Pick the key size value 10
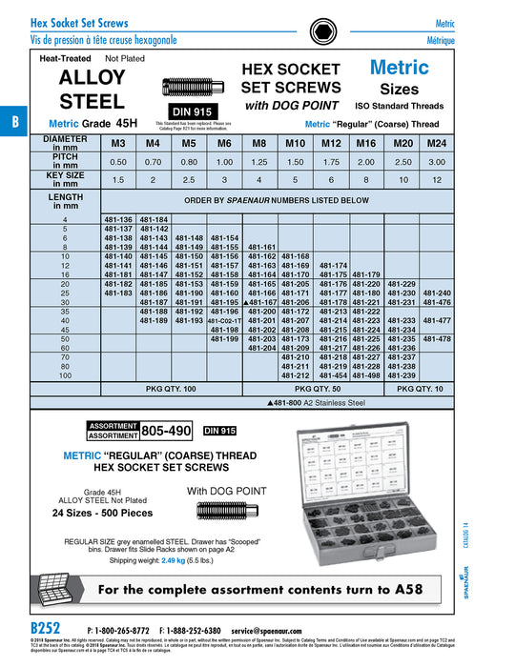coord(402,179)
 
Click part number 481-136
coord(117,220)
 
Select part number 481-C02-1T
coord(224,320)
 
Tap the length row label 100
coord(66,374)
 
